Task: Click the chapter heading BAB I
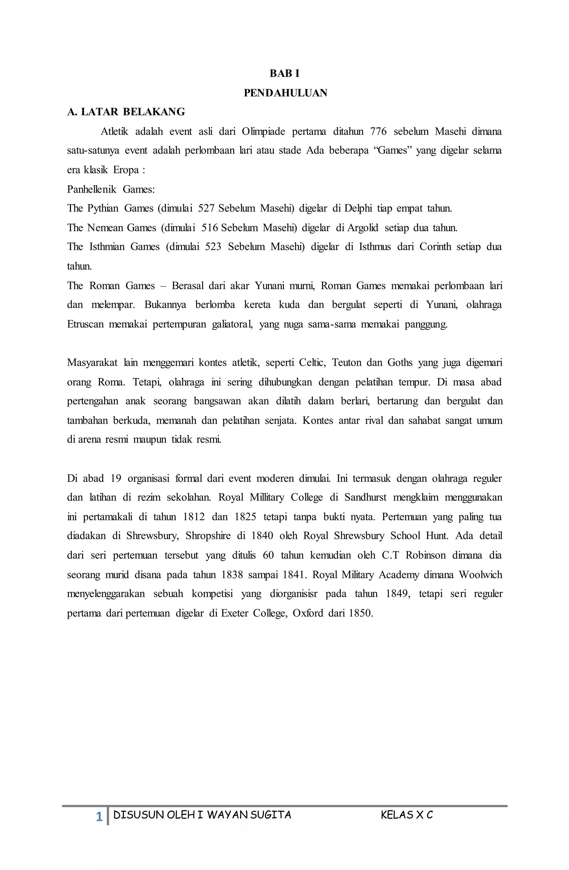(284, 73)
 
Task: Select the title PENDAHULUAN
(285, 93)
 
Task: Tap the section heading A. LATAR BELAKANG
(126, 112)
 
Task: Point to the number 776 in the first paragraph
(378, 131)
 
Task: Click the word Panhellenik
(91, 189)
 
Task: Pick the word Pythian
(103, 208)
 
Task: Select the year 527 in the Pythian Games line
(206, 208)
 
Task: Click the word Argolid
(363, 228)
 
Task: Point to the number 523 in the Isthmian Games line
(213, 247)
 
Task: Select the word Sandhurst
(365, 498)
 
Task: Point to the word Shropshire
(208, 536)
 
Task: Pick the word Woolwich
(481, 575)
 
